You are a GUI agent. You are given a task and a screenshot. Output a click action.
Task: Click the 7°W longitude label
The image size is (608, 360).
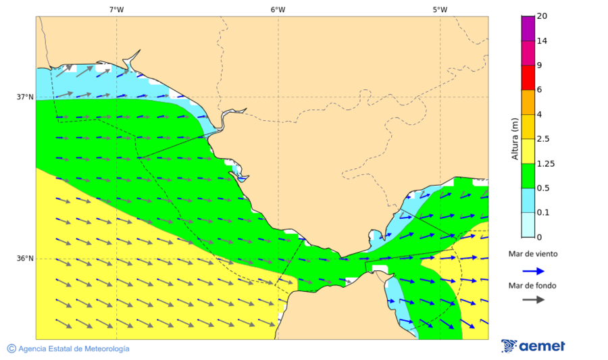click(116, 9)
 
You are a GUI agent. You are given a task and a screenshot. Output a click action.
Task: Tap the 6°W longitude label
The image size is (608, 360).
click(278, 9)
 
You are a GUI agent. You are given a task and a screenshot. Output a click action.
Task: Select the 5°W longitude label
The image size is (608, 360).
click(440, 9)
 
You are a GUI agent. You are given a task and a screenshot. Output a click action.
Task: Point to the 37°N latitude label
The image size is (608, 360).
click(25, 97)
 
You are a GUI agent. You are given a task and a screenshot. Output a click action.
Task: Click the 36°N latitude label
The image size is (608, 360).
click(25, 259)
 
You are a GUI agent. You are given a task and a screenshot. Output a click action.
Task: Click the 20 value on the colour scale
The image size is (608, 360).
click(542, 16)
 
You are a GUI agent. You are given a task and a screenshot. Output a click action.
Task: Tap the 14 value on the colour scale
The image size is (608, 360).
click(542, 41)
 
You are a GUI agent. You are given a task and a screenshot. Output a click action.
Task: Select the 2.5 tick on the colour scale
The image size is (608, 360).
click(543, 139)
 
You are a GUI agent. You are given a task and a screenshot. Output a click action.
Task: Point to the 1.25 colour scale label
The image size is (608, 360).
click(545, 163)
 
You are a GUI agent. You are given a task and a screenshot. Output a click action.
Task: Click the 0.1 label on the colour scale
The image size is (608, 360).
click(543, 213)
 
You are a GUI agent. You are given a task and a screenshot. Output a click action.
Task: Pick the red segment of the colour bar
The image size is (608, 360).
click(528, 77)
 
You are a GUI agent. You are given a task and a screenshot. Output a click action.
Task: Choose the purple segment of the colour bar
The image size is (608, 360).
click(528, 28)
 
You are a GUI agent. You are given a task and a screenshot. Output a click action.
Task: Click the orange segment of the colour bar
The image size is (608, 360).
click(528, 102)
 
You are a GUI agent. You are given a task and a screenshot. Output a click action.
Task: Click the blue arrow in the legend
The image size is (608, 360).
click(533, 271)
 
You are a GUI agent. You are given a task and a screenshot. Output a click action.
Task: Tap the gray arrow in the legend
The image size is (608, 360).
click(533, 299)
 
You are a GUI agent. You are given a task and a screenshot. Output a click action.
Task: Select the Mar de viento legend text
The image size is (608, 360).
click(533, 254)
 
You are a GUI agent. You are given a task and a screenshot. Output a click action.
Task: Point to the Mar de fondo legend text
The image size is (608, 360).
click(533, 286)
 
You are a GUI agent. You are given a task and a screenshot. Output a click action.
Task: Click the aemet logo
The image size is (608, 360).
click(533, 346)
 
